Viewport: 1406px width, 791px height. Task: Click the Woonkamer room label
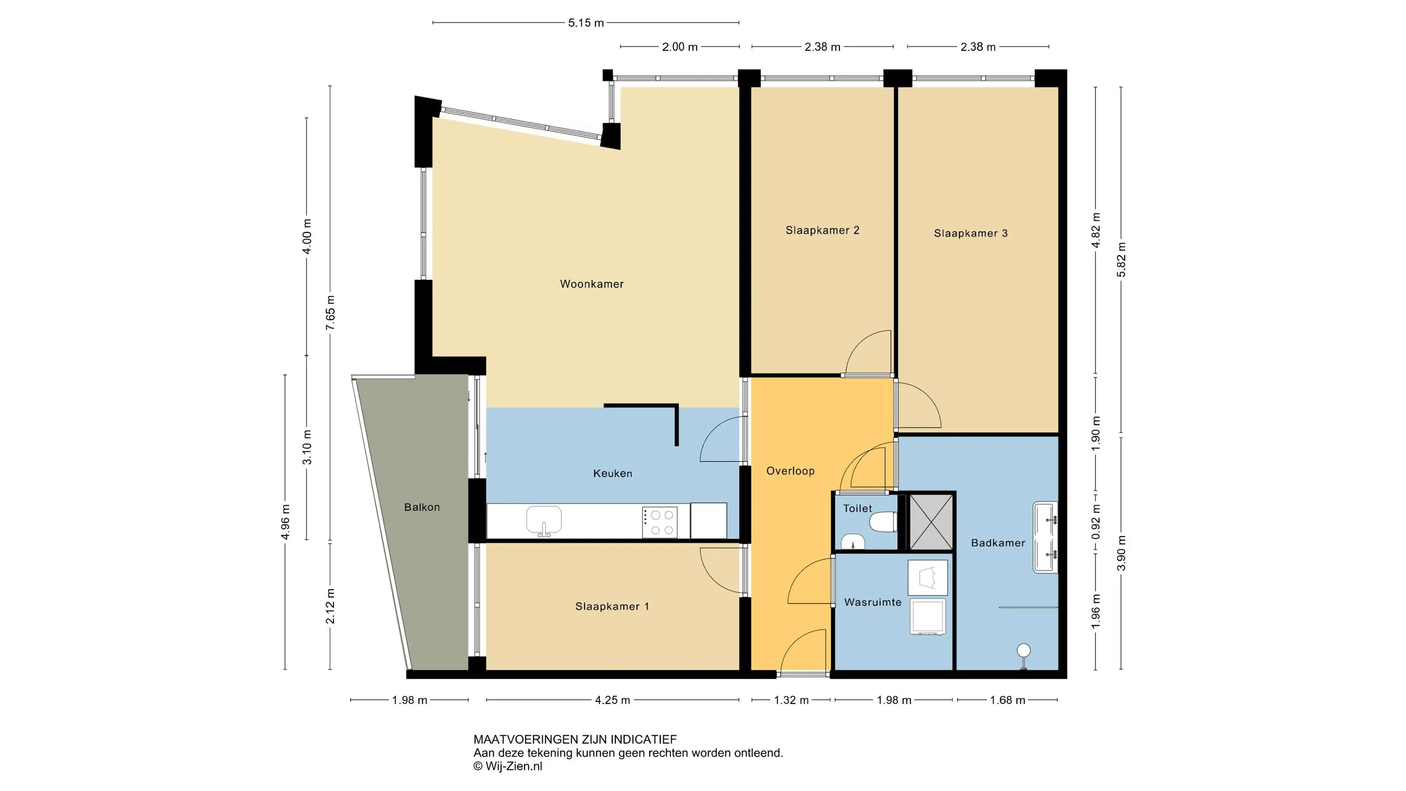[591, 284]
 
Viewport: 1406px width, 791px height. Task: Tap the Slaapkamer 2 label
[823, 231]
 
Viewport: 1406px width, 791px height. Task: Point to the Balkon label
[422, 507]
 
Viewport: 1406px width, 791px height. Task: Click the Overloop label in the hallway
[790, 471]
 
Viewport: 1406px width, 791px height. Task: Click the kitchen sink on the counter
[544, 521]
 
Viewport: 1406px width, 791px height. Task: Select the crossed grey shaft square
[930, 522]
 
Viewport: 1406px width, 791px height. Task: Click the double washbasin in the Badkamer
[1045, 537]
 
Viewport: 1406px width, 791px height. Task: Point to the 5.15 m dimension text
[586, 23]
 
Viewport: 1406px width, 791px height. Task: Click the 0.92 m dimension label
[1096, 522]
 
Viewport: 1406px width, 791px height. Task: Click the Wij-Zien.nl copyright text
[508, 766]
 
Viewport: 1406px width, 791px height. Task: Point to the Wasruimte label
[873, 603]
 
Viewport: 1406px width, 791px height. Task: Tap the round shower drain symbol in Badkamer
[1024, 650]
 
